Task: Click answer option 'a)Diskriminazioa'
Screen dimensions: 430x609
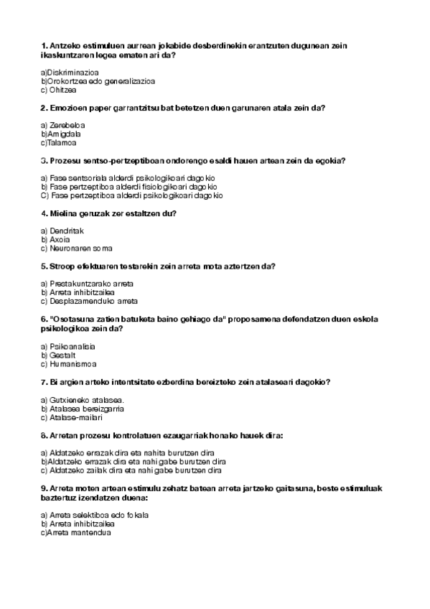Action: click(70, 73)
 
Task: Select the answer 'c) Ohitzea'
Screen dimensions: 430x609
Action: click(59, 90)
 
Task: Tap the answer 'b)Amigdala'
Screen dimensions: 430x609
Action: click(61, 134)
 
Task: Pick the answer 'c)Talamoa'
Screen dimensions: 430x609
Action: click(60, 142)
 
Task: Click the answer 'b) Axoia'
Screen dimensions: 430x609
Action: click(55, 239)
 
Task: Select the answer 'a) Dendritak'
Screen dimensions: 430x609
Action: click(62, 231)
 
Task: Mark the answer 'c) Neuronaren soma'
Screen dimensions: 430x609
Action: click(77, 248)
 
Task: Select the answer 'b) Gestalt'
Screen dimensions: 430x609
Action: click(58, 355)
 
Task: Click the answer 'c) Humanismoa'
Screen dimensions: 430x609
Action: click(69, 363)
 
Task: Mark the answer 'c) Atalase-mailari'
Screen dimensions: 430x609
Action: click(72, 417)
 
